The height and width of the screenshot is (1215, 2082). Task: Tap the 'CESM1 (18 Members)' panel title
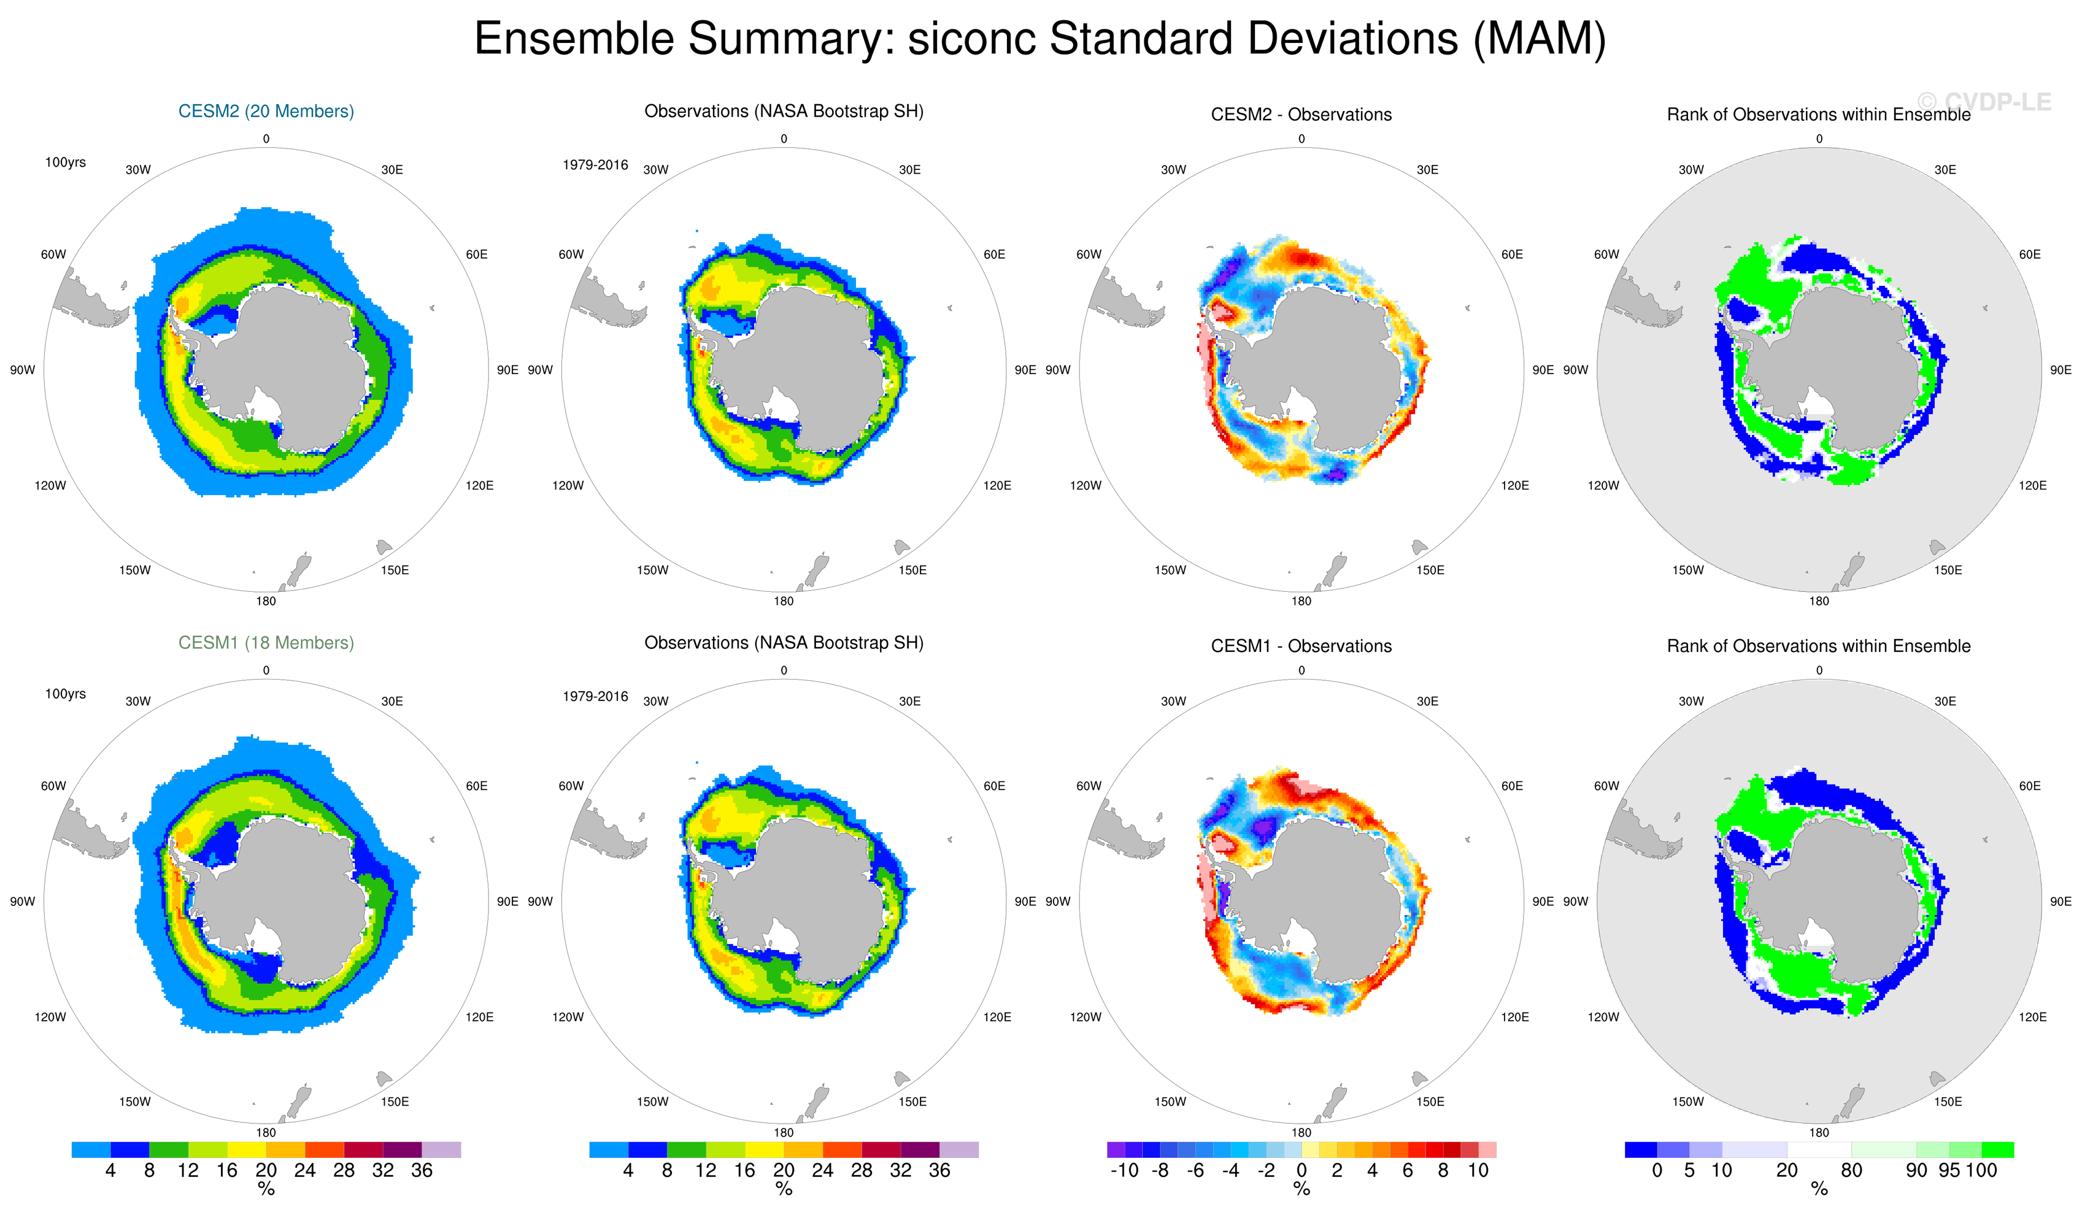[x=266, y=643]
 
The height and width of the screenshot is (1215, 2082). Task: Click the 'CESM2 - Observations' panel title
[x=1301, y=115]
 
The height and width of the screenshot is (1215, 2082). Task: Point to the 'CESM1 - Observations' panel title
[x=1301, y=646]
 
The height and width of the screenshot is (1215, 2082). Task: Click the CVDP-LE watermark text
[x=1984, y=102]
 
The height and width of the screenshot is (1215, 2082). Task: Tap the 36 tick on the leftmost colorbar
[x=422, y=1170]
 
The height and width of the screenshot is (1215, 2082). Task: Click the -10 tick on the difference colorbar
[x=1124, y=1170]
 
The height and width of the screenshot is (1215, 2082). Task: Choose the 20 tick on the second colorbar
[x=783, y=1170]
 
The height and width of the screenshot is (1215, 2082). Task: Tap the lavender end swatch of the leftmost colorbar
[x=441, y=1150]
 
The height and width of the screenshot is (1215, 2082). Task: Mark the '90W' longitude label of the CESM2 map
[x=22, y=370]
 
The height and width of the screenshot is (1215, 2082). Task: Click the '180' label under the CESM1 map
[x=266, y=1132]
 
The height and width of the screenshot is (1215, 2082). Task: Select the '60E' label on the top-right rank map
[x=2029, y=255]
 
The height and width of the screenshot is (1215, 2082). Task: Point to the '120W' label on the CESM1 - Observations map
[x=1085, y=1017]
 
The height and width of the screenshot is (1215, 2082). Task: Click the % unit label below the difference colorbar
[x=1301, y=1189]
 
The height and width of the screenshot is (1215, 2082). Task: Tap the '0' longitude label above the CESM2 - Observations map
[x=1301, y=139]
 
